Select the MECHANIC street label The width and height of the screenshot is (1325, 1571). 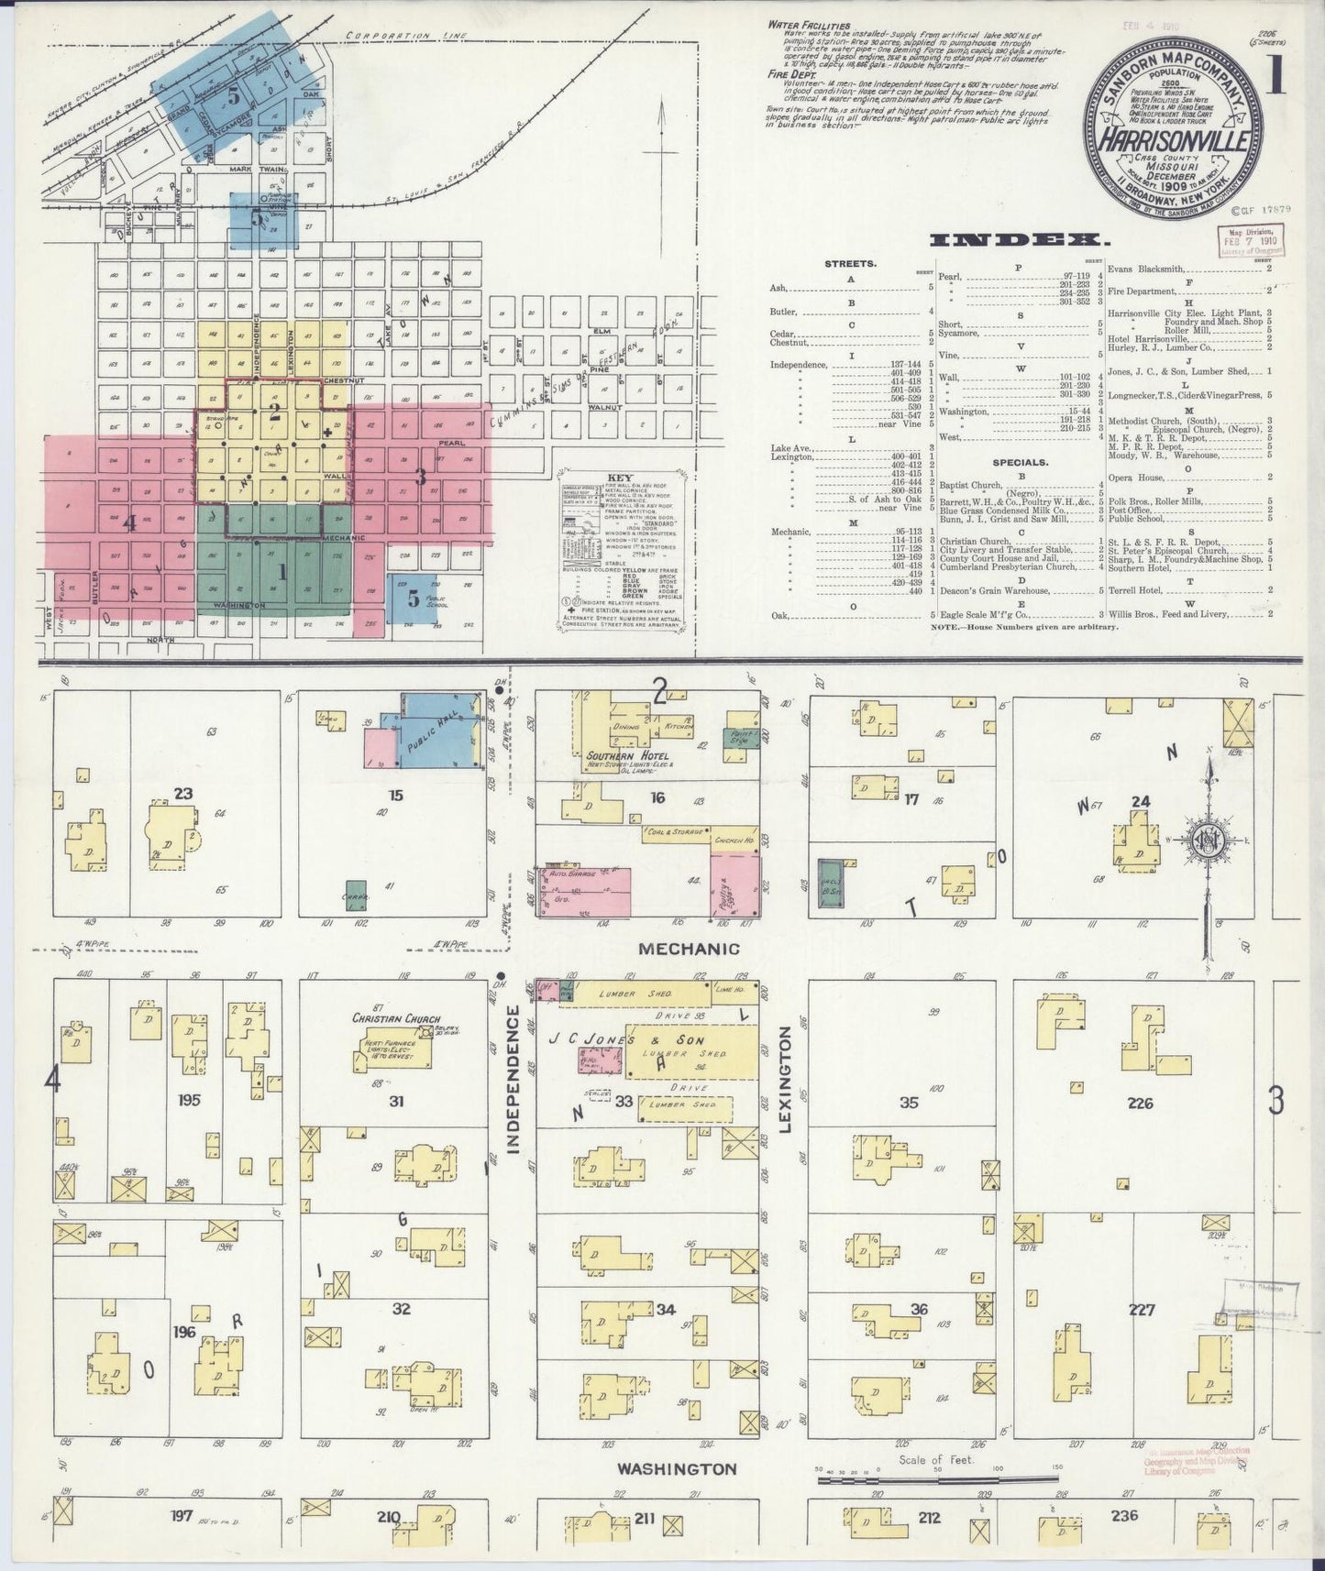(x=690, y=949)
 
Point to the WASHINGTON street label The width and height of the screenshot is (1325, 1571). (x=676, y=1468)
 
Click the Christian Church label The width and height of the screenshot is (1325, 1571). (x=395, y=1018)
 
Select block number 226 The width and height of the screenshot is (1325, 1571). (x=1141, y=1104)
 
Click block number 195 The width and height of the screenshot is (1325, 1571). (x=190, y=1100)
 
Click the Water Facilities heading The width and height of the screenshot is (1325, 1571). (x=810, y=26)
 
